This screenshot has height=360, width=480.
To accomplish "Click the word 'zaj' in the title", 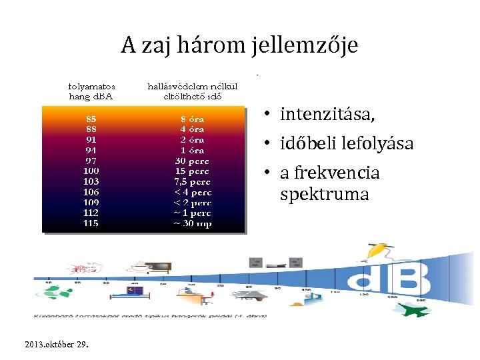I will [x=155, y=46].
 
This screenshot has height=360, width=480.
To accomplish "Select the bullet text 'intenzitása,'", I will [x=327, y=115].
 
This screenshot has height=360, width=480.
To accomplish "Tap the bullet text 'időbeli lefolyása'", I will [x=347, y=143].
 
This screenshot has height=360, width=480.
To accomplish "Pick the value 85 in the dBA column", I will [x=91, y=119].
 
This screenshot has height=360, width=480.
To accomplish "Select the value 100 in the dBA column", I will [x=91, y=171].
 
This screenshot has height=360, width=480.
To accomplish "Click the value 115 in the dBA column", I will [x=91, y=223].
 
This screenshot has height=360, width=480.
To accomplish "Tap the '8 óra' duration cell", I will [x=192, y=119].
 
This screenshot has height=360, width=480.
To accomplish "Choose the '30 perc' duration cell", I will [x=192, y=161].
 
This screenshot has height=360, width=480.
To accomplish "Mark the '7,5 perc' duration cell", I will [x=192, y=181].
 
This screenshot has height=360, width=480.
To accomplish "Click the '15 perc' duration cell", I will [x=192, y=171].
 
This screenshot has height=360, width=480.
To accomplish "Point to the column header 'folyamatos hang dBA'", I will [x=92, y=91].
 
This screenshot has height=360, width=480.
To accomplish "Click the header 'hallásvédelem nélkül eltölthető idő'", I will [x=192, y=91].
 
